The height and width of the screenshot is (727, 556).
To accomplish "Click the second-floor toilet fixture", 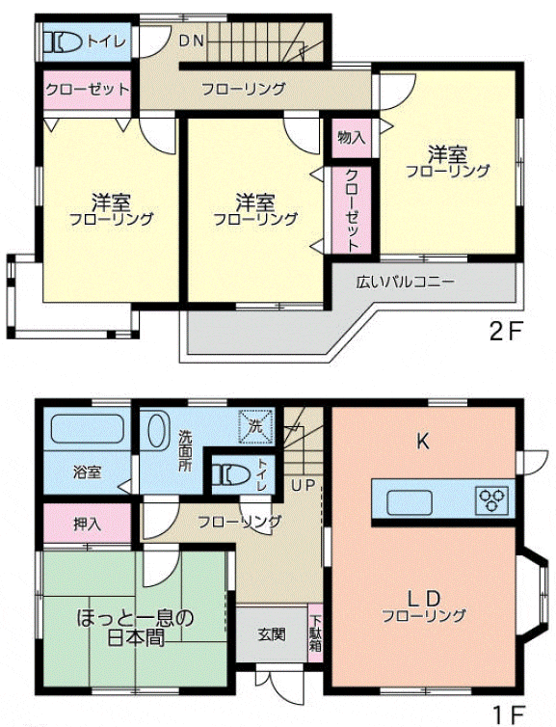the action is [x=62, y=41].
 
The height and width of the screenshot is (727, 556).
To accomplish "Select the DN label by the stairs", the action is [x=192, y=41].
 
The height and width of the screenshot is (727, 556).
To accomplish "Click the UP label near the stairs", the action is [x=304, y=485].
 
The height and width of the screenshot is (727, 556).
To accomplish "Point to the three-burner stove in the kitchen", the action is [x=492, y=498].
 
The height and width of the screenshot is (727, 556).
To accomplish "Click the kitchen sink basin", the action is [x=410, y=501].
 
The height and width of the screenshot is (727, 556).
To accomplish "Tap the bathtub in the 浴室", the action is [x=86, y=429].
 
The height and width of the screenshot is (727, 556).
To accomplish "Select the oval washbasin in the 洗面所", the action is [x=156, y=429].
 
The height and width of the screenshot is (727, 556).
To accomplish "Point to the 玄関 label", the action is [x=272, y=633].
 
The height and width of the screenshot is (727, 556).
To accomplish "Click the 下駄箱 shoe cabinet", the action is [x=316, y=633].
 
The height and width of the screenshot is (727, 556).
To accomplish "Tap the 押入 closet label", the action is [x=87, y=524].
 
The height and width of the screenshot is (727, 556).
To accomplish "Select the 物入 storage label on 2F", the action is [x=352, y=137].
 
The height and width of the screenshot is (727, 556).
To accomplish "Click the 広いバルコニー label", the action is [x=406, y=282].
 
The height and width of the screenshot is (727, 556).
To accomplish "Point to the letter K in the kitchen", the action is [x=423, y=442].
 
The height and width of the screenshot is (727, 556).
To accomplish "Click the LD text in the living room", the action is [x=423, y=599].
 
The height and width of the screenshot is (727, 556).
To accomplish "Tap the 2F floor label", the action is [x=507, y=331].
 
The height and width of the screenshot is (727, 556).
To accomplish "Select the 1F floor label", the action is [x=509, y=714].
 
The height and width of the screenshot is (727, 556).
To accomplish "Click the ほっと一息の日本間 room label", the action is [x=135, y=628].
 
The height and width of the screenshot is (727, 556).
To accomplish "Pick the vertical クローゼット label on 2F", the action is [x=352, y=210].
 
